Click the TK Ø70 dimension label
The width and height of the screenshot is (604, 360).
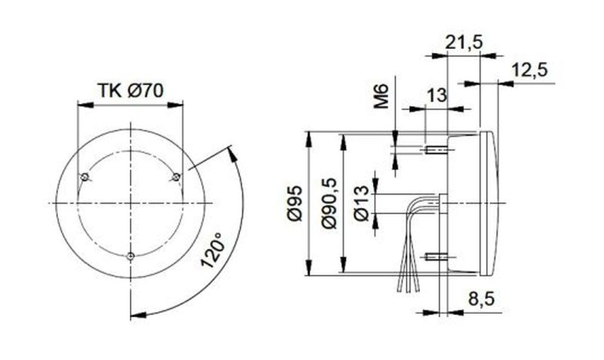point(130,90)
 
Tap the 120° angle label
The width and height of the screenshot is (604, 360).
point(212,250)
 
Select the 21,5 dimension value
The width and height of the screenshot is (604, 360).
point(464,42)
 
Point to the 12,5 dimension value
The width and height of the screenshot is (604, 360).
point(529,70)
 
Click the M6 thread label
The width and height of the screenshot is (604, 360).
point(382,97)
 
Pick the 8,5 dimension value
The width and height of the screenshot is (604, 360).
point(481,299)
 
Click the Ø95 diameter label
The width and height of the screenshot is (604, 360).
point(295,204)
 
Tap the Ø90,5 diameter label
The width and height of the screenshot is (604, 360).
point(329,203)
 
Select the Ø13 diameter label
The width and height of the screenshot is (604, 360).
point(362,203)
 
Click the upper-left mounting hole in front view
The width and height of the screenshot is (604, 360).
point(84,177)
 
